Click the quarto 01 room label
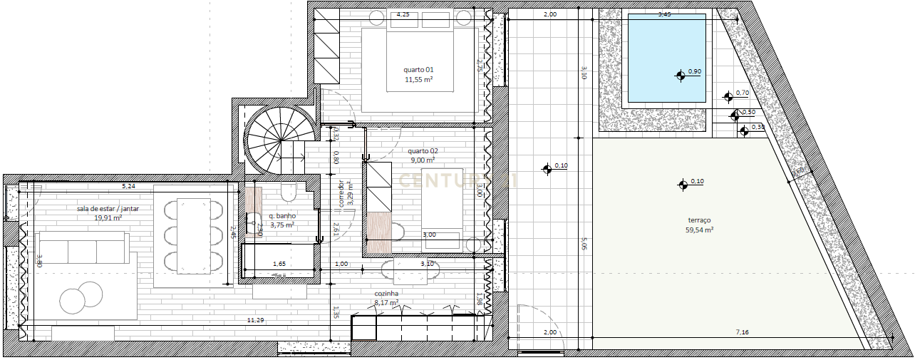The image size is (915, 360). click(419, 70)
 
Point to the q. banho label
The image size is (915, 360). click(282, 215)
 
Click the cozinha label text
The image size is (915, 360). click(386, 293)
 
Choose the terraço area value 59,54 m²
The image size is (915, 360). click(699, 230)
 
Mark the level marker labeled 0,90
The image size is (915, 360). click(681, 74)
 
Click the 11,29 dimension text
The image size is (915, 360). click(255, 321)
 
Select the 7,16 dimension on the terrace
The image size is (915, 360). click(742, 332)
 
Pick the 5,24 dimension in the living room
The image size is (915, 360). click(128, 186)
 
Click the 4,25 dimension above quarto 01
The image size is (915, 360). click(402, 14)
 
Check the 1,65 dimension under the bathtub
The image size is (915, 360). click(279, 264)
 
